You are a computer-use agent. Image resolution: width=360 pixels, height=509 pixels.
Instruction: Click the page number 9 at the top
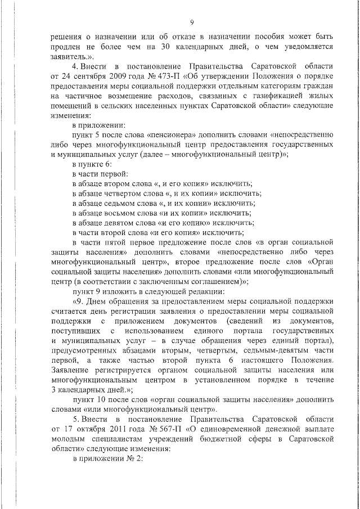click(x=192, y=22)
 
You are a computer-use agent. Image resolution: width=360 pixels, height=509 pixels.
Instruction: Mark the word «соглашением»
click(x=216, y=281)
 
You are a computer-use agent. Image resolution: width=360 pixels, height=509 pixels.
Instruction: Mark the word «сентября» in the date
click(x=82, y=76)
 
